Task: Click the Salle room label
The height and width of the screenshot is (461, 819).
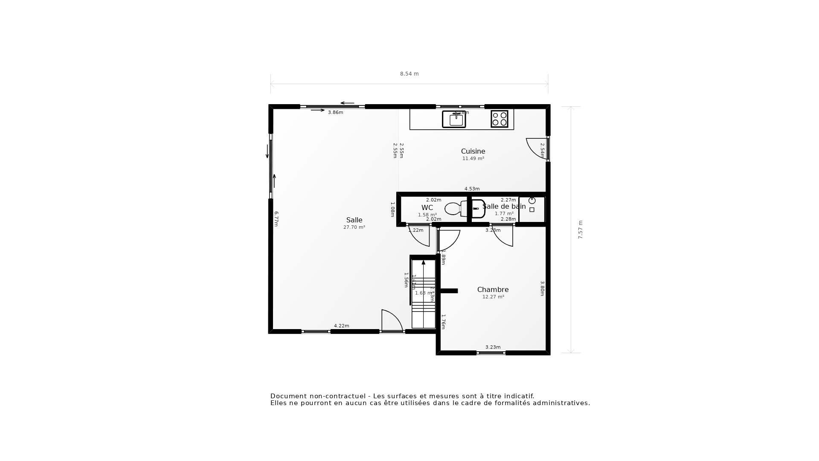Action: point(354,220)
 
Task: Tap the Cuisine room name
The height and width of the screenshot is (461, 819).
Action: point(473,152)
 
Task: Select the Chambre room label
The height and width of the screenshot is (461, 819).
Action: point(493,290)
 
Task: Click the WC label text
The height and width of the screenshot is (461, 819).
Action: point(427,208)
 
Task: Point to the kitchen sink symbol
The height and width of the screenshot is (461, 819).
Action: point(454,120)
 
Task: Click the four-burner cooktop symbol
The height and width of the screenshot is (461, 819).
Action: point(500,119)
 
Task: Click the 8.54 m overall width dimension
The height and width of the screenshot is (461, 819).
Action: point(409,74)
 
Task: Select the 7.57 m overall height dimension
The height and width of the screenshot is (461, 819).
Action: point(581,230)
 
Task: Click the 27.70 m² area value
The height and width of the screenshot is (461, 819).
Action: point(354,228)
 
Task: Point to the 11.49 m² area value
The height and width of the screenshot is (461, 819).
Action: point(473,159)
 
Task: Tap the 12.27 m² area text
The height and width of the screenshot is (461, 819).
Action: point(493,297)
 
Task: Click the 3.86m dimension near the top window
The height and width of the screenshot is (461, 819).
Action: point(335,113)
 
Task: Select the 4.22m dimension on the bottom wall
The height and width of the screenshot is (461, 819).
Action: point(341,326)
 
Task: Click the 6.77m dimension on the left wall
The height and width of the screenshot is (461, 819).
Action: point(276,219)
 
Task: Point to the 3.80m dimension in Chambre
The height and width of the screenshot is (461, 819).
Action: point(542,289)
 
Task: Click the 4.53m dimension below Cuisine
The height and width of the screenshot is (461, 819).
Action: point(472,189)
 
